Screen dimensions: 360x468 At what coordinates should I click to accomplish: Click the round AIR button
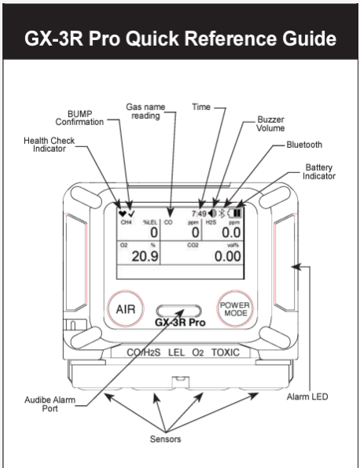126,309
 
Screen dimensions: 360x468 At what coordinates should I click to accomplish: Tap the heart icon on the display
122,213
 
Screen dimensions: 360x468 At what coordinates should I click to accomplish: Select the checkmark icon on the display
130,213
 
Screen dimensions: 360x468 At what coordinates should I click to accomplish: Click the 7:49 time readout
199,213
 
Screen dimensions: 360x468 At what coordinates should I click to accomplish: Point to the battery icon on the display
235,213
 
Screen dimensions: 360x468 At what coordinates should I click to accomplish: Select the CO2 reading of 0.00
228,256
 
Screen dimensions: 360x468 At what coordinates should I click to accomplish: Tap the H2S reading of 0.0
231,233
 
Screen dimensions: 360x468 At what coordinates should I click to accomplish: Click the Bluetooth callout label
304,145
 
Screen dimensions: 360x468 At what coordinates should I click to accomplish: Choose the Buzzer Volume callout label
270,123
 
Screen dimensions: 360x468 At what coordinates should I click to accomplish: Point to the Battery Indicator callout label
319,171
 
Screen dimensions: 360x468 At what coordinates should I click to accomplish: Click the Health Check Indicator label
50,145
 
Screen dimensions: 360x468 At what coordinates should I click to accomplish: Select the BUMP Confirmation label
79,118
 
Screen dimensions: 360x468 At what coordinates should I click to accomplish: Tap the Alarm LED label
307,396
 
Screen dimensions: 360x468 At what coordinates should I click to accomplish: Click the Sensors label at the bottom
166,439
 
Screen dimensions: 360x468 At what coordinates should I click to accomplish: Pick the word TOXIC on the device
226,352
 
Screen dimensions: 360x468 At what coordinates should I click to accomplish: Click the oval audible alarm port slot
178,311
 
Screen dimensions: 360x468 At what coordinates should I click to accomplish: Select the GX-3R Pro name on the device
180,322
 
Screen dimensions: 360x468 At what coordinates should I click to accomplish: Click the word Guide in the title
310,39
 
